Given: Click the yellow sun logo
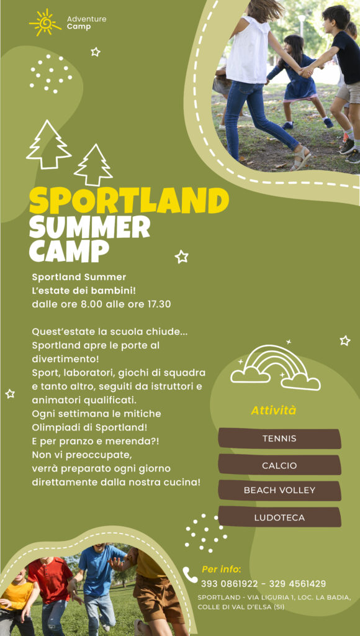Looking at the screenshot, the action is [45, 22].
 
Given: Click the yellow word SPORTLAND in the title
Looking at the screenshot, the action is [129, 201].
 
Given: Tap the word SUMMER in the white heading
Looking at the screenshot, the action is [89, 227].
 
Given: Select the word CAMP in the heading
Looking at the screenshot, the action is [69, 251].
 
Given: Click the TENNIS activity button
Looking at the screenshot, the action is [279, 438].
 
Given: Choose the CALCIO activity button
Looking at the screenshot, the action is [279, 465].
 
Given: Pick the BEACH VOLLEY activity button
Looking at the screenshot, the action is [279, 491].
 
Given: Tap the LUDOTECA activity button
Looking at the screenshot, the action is [279, 517].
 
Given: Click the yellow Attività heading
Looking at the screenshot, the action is [274, 410].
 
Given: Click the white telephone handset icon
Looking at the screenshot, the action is [190, 575].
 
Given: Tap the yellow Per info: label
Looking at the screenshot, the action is [222, 570].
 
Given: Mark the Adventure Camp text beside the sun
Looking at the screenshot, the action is [87, 23].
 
